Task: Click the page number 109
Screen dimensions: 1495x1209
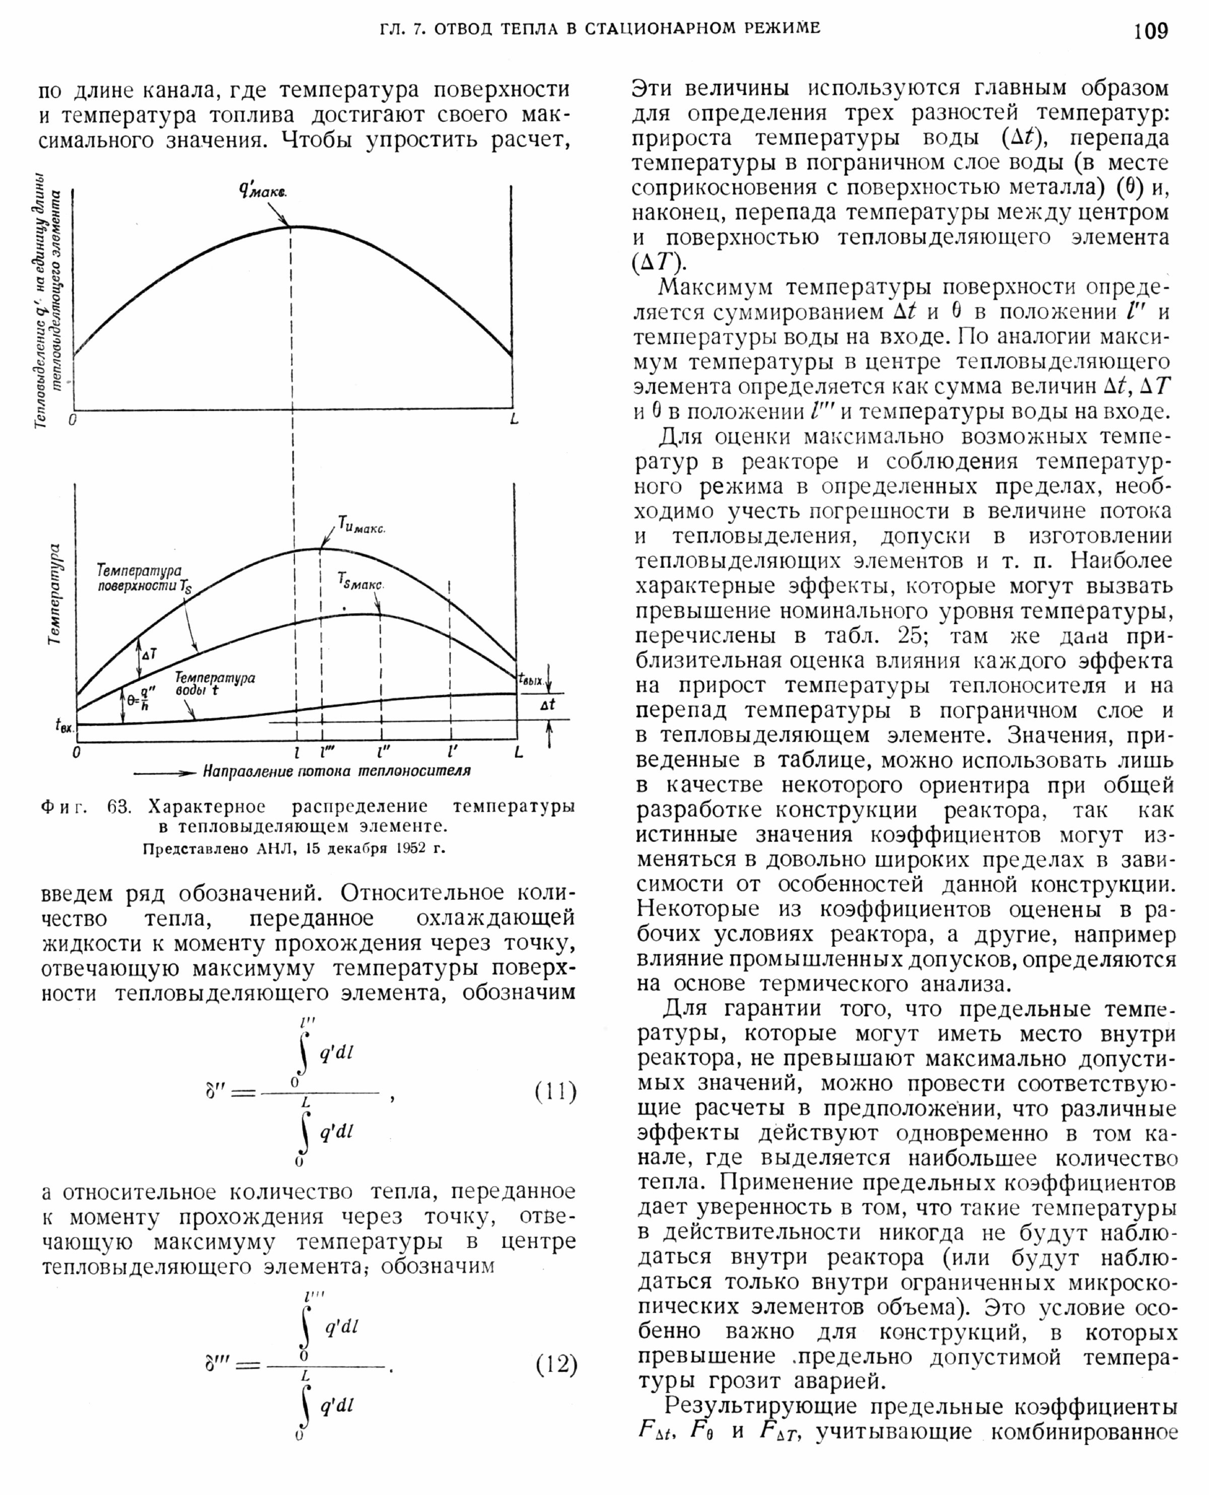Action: coord(1151,31)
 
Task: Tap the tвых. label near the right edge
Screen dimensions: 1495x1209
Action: coord(530,679)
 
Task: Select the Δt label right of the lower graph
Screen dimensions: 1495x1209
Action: coord(548,704)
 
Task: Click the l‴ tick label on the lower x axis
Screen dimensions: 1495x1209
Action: coord(324,752)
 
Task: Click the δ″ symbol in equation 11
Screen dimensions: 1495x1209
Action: coord(213,1091)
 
